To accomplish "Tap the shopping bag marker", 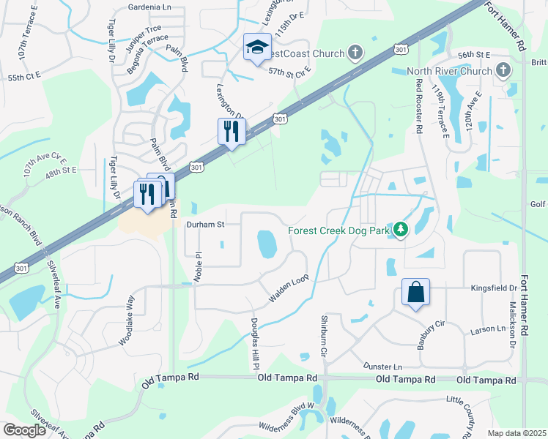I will point(415,293).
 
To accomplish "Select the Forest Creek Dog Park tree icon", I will point(400,230).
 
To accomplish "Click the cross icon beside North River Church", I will point(503,70).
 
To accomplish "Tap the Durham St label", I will point(205,225).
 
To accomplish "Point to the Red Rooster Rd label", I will point(419,106).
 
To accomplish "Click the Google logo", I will point(25,430).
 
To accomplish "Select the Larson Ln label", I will point(490,329).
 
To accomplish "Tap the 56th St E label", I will point(473,55).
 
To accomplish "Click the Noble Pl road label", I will point(198,260).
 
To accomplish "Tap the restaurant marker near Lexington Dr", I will point(229,132).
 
